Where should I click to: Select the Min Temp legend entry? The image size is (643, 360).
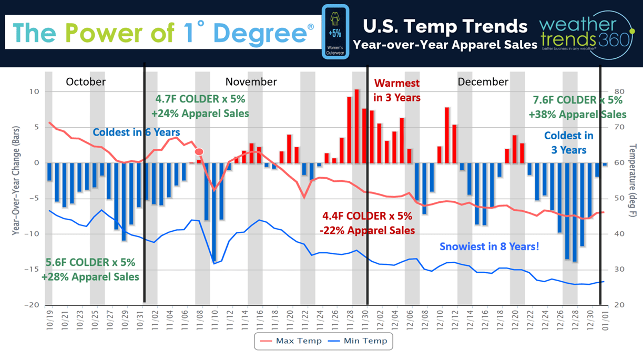tap(362, 341)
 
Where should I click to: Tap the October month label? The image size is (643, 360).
tap(86, 82)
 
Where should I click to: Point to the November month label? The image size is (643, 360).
tap(251, 82)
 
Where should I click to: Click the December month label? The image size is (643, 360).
tap(483, 82)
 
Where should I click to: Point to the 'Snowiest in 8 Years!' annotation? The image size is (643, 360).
tap(489, 245)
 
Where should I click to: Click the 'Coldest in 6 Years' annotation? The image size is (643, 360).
tap(136, 132)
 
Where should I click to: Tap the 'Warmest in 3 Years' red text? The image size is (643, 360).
tap(396, 90)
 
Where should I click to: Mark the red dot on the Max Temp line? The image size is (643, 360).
tap(199, 152)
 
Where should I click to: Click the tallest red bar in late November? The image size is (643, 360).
tap(357, 126)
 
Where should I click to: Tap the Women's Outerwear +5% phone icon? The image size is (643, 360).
tap(335, 33)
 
